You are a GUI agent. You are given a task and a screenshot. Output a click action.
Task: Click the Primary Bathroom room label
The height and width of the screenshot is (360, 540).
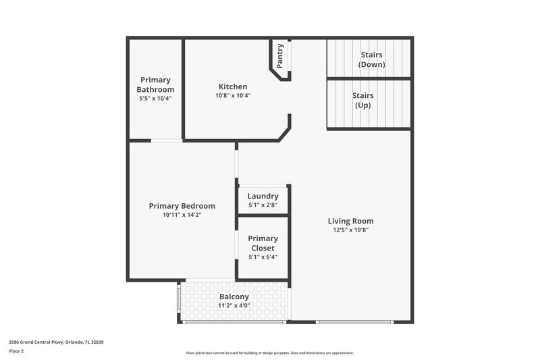click(x=155, y=84)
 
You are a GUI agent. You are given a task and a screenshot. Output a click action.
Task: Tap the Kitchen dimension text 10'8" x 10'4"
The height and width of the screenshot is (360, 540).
click(x=233, y=96)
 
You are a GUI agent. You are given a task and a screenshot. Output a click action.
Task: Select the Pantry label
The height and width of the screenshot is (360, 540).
click(x=280, y=55)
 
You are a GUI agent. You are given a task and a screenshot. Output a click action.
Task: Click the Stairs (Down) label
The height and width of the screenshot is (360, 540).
click(x=373, y=59)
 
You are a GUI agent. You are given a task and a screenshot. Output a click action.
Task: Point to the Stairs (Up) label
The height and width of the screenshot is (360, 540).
click(x=362, y=100)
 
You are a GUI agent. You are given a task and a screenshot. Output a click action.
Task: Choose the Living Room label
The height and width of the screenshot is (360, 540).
click(x=350, y=221)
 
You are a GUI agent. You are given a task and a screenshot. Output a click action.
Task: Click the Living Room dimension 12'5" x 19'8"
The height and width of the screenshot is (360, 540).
click(x=350, y=230)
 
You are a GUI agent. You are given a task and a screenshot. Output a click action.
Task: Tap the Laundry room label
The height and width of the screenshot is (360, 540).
click(x=263, y=196)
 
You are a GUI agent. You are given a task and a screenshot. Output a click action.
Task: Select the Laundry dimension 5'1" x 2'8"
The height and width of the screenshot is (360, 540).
click(x=263, y=205)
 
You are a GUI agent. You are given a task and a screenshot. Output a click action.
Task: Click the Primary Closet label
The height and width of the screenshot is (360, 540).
click(x=263, y=243)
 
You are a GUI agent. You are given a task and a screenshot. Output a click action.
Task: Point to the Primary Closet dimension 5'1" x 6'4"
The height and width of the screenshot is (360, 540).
click(x=263, y=257)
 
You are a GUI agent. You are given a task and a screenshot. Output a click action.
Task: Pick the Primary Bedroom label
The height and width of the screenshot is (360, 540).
click(x=182, y=206)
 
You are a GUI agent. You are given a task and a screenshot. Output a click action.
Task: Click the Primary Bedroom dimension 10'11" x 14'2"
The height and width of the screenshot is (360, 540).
click(x=182, y=215)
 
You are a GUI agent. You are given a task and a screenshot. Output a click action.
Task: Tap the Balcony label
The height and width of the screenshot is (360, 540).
click(x=234, y=297)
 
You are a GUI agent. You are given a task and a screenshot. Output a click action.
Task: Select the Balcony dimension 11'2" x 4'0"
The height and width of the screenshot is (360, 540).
click(x=234, y=305)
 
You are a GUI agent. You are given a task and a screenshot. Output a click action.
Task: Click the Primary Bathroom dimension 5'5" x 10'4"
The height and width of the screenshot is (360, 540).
click(x=155, y=99)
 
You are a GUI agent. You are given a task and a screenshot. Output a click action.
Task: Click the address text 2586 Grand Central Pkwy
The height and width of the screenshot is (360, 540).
click(x=56, y=342)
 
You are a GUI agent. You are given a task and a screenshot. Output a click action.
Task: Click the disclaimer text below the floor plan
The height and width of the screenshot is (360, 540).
click(x=270, y=353)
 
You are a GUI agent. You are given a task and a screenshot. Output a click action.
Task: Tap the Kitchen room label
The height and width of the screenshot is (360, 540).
click(x=233, y=86)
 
